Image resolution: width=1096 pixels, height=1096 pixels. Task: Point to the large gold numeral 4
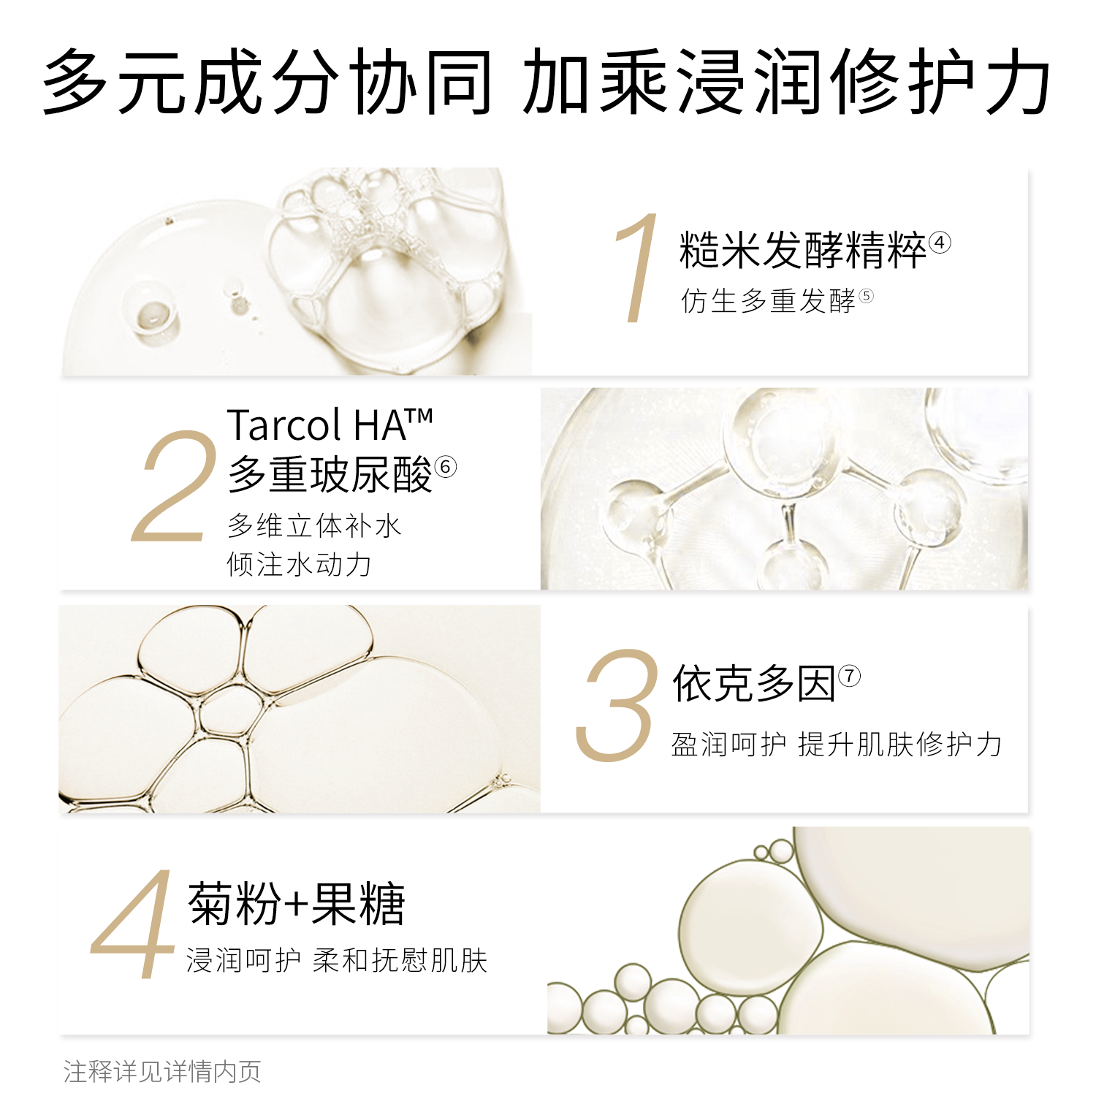point(133,924)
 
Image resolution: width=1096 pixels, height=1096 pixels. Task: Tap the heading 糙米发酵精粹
point(802,251)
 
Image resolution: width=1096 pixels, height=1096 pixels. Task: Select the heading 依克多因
point(754,685)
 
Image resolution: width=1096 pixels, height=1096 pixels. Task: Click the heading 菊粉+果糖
point(296,905)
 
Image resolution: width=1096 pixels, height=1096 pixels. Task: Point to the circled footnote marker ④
point(940,243)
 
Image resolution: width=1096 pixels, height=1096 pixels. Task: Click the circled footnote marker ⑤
point(866,296)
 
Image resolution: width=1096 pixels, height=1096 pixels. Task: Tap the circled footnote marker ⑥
point(445,466)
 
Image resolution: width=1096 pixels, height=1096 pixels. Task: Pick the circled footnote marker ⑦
point(849,676)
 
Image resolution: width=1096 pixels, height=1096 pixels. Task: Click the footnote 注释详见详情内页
point(162,1072)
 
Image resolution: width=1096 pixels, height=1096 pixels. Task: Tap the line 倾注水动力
point(300,565)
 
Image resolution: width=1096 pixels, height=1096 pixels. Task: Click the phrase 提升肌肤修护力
point(900,745)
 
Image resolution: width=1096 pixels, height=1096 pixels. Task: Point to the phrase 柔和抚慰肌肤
point(400,960)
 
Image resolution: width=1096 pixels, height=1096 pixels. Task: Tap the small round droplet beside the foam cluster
point(156,315)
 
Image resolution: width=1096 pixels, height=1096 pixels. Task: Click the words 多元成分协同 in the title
point(267,82)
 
